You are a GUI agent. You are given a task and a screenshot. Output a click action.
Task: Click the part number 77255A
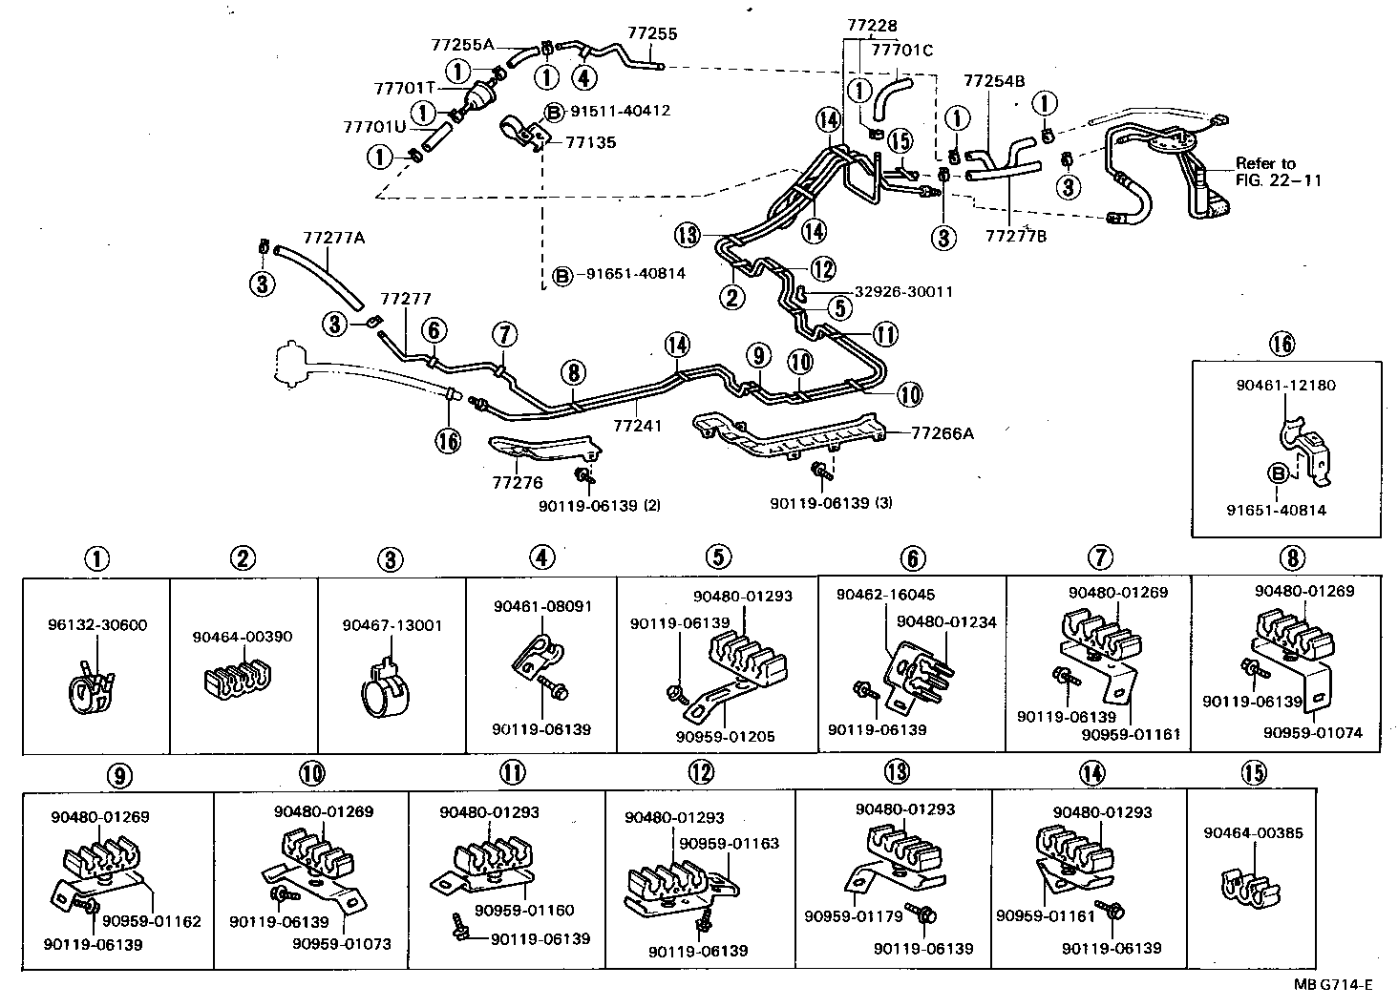pos(462,44)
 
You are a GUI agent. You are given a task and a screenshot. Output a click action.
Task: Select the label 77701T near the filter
pos(404,88)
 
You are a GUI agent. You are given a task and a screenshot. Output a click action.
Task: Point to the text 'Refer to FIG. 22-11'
pos(1278,172)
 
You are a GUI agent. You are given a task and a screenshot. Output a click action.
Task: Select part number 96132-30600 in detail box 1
pos(96,625)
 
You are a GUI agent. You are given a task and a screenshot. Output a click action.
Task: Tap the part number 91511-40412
pos(620,111)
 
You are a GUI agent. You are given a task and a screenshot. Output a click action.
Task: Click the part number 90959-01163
pos(729,843)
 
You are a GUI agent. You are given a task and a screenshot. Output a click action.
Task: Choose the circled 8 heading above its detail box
pos(1291,557)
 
